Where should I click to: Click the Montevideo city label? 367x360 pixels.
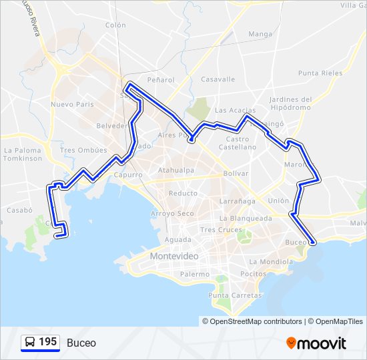coord(174,256)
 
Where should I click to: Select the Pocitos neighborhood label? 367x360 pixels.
coord(253,274)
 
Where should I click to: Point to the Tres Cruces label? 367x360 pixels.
coord(221,229)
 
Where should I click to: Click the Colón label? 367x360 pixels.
coord(115,25)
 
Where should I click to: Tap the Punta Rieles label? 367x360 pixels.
coord(320,73)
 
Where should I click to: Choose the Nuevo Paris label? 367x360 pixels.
coord(72,105)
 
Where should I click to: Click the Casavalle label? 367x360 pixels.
coord(218,79)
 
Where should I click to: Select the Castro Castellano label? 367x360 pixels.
coord(237,143)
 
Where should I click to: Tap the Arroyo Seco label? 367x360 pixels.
coord(172,213)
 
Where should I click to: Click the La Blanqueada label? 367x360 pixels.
coord(245,218)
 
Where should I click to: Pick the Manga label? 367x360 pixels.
coord(260,34)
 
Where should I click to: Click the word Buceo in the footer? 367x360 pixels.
coord(81,343)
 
